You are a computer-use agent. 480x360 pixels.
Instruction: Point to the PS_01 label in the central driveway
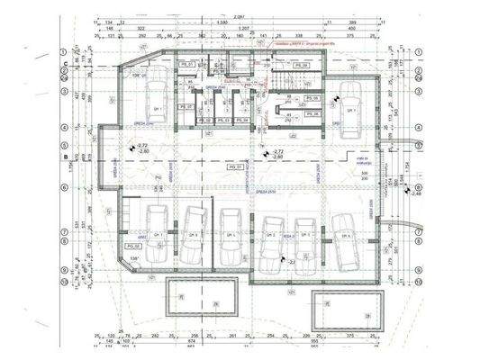[234, 168]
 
